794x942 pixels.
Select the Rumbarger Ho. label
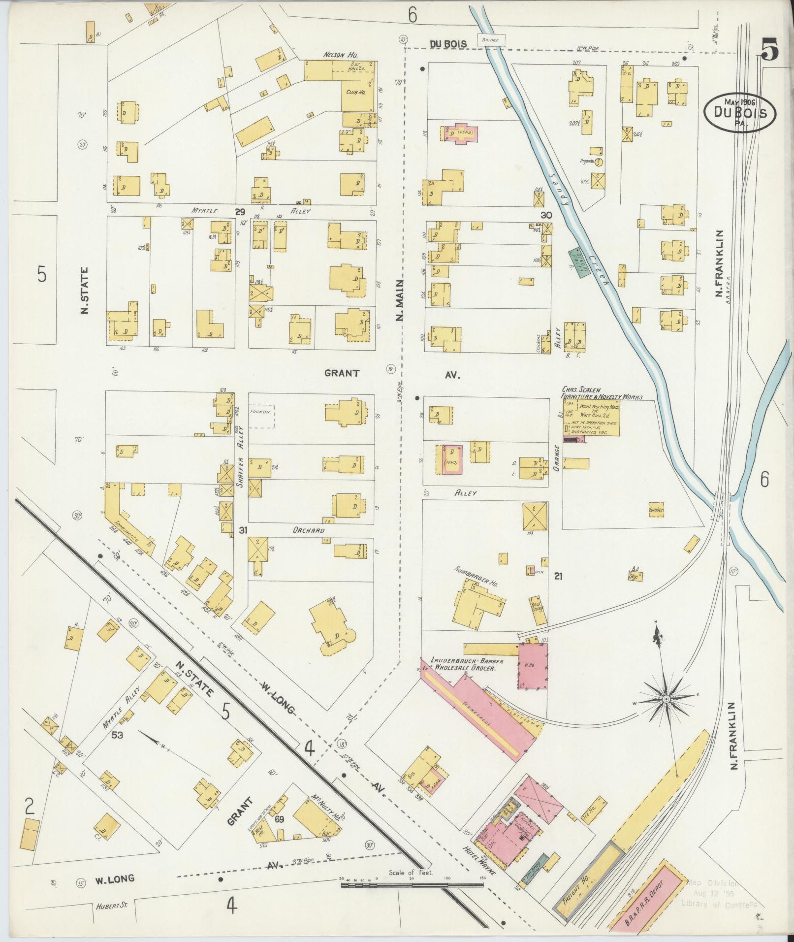pyautogui.click(x=476, y=576)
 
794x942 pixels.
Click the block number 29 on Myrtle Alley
pyautogui.click(x=240, y=212)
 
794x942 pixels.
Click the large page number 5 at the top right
pyautogui.click(x=769, y=50)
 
